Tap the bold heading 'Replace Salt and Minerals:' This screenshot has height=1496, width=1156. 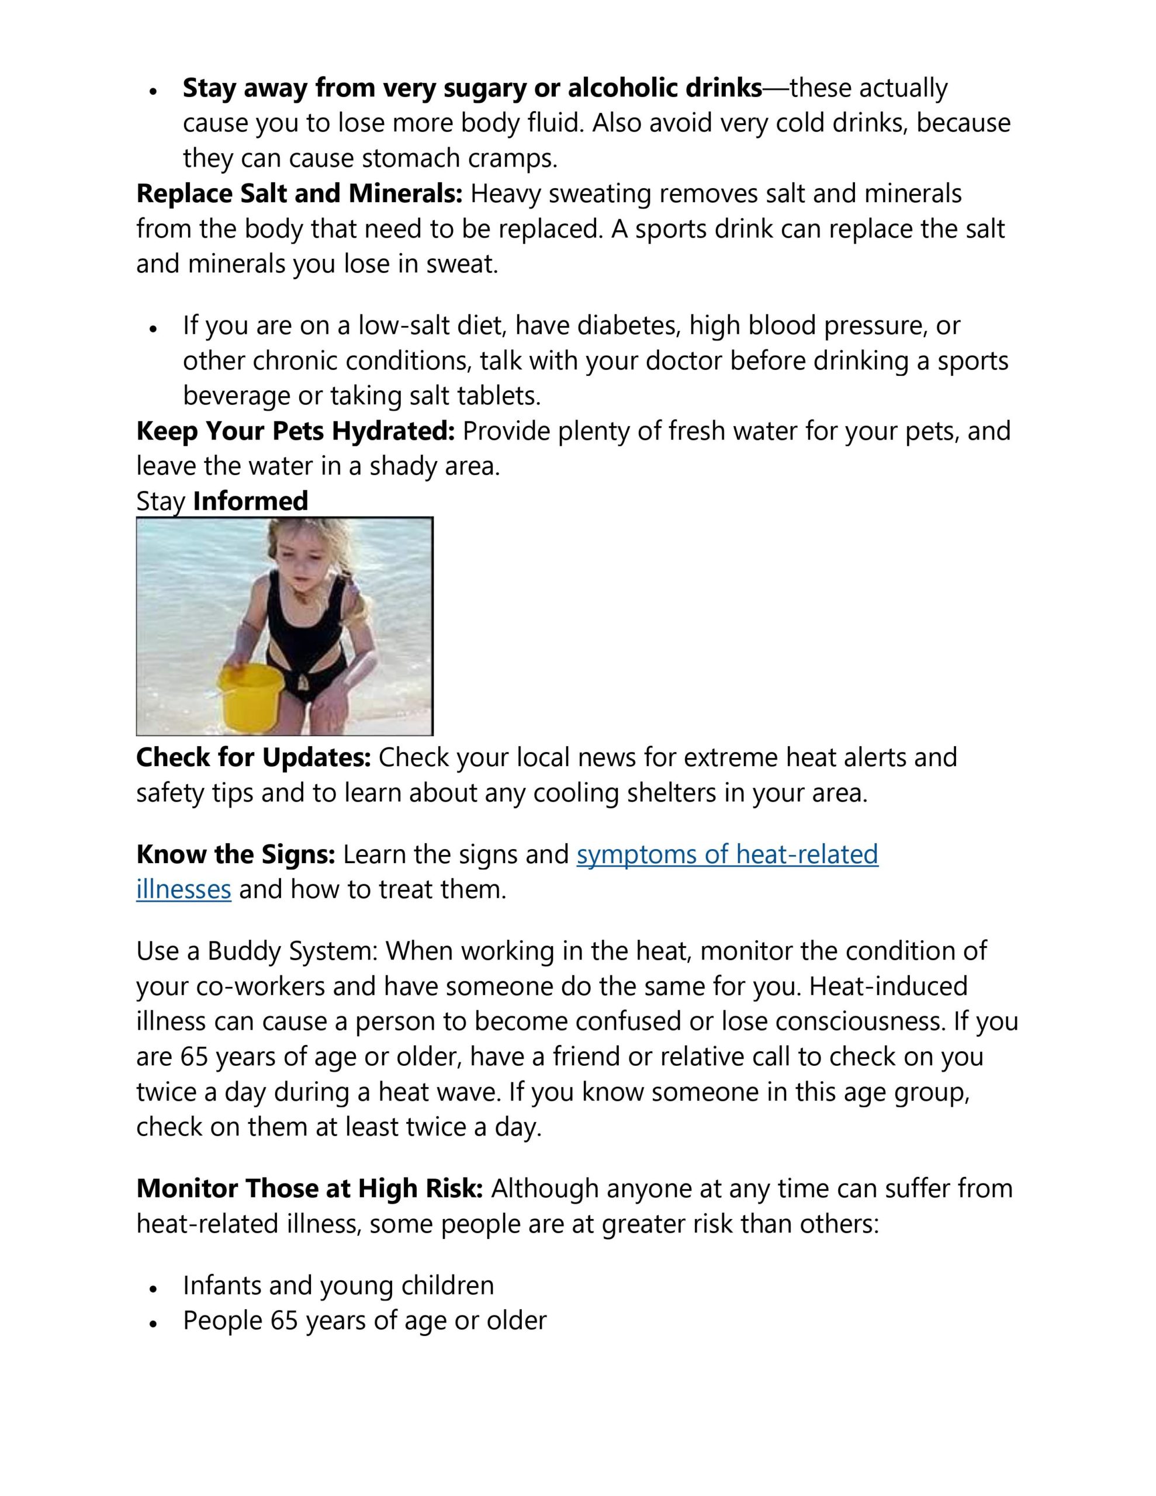coord(299,194)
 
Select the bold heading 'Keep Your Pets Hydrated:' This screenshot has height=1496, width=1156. coord(295,431)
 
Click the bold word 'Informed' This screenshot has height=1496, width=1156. coord(250,501)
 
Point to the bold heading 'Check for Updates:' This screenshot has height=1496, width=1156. coord(254,757)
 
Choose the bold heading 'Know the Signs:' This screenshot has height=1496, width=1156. coord(236,854)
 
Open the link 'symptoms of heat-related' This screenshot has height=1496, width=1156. coord(727,854)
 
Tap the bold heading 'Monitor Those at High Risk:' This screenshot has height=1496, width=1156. coord(310,1188)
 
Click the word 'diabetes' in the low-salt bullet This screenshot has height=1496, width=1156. coord(628,325)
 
